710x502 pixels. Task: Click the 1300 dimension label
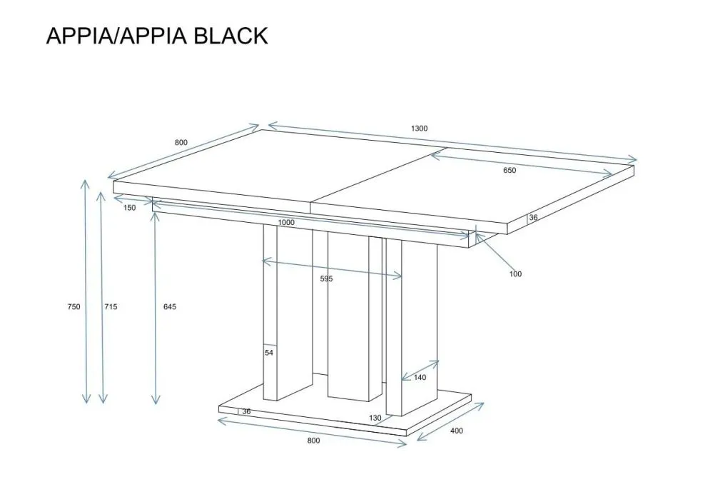(x=419, y=129)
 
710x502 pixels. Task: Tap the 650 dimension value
(x=509, y=171)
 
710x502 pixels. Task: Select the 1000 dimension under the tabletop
(x=286, y=223)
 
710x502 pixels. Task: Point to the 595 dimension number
(x=326, y=279)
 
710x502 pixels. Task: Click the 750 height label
(x=73, y=307)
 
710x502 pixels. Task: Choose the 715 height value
(x=111, y=307)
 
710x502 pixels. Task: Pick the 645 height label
(x=169, y=307)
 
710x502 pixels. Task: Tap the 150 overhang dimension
(x=129, y=208)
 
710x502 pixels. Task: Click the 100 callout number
(x=515, y=274)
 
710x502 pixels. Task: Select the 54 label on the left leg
(x=269, y=353)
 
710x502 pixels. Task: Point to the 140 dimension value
(x=420, y=378)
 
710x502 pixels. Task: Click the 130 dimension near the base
(x=375, y=418)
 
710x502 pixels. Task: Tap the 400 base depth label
(x=457, y=431)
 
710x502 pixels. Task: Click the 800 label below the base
(x=314, y=441)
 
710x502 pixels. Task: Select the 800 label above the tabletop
(x=181, y=143)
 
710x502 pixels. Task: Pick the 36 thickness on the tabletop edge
(x=533, y=219)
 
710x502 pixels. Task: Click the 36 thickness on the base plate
(x=246, y=412)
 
